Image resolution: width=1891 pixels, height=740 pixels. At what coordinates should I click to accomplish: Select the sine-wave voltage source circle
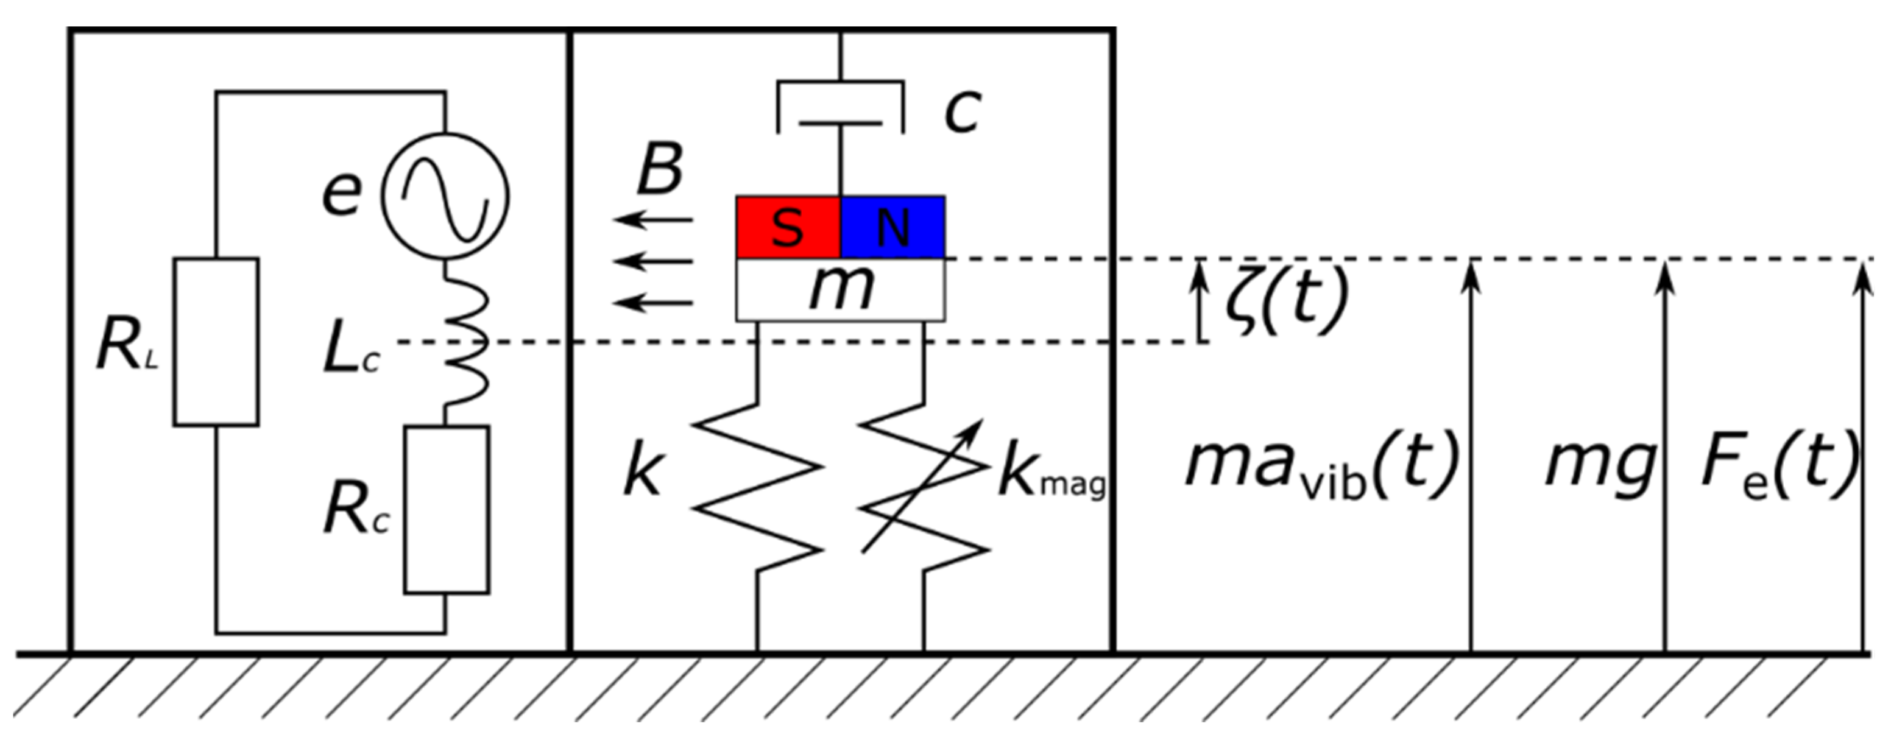click(445, 197)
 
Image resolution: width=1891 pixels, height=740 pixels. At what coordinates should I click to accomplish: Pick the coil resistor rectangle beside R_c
click(447, 510)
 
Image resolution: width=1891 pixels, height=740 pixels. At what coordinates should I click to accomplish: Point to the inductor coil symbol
click(465, 341)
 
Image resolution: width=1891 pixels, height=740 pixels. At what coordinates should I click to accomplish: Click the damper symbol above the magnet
click(841, 110)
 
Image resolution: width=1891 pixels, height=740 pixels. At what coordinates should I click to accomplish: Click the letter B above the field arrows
click(660, 169)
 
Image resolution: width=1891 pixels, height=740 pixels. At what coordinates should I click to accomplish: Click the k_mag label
click(1050, 473)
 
